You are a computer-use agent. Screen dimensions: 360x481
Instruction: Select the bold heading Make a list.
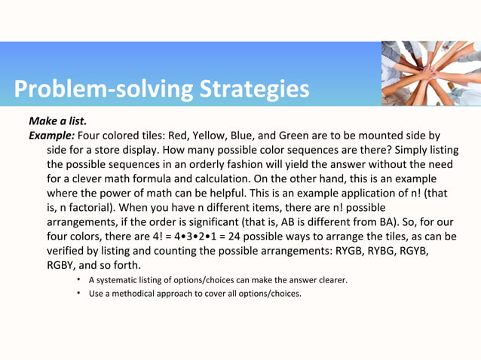point(57,121)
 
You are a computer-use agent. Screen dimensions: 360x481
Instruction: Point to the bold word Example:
point(51,136)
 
